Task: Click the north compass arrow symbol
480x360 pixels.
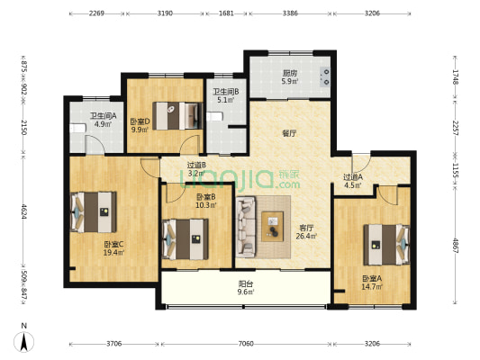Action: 23,342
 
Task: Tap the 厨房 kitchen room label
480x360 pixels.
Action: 289,74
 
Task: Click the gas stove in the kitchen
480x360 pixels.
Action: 325,76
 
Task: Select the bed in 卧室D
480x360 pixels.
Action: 177,115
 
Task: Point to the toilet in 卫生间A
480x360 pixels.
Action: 77,128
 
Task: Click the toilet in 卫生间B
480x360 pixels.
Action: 214,116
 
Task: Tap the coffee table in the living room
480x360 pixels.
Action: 272,227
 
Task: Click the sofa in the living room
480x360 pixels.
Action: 246,226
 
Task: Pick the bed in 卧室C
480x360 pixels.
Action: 94,212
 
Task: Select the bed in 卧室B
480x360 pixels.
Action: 185,238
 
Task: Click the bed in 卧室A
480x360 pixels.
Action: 386,245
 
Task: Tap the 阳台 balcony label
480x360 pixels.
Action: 246,284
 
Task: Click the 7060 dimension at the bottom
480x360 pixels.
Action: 246,344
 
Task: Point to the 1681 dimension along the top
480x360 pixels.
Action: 227,13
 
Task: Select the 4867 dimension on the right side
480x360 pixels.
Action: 456,246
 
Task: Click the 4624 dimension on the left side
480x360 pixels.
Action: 23,211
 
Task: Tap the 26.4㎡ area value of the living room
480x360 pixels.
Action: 306,236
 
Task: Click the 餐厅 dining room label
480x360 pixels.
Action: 289,133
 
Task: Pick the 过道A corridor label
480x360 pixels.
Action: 353,177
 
